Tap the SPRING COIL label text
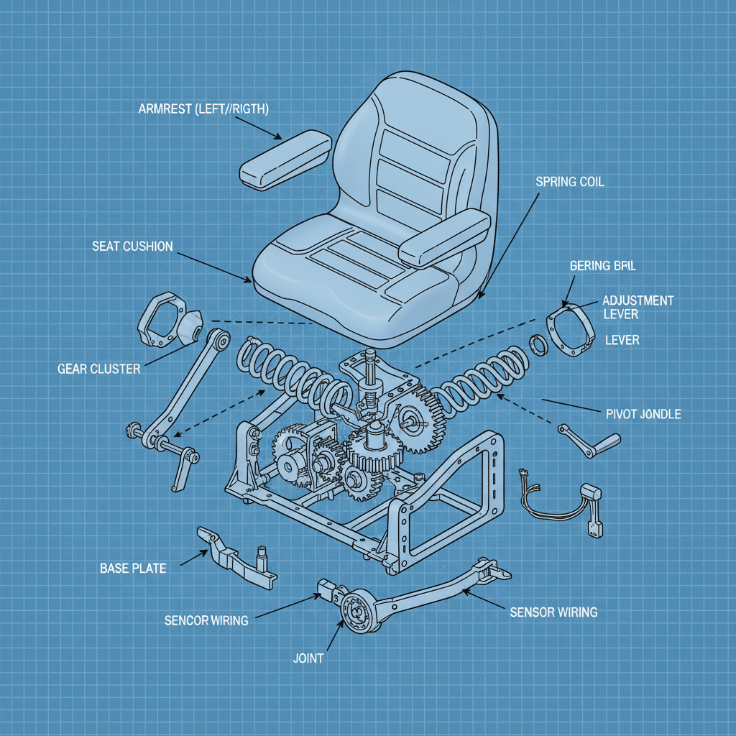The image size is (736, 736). [570, 182]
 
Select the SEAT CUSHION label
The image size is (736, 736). [132, 247]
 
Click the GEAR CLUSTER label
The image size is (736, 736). [99, 369]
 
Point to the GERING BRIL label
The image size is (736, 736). [602, 265]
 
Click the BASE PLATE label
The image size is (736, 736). [132, 569]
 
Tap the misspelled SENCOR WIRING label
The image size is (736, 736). [206, 620]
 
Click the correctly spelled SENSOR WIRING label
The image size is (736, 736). [553, 612]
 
